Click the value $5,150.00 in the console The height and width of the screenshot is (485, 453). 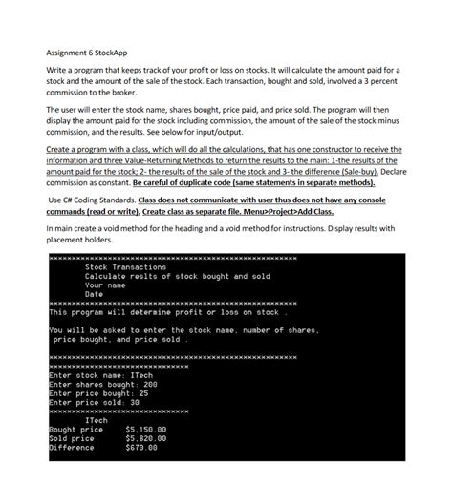coord(146,430)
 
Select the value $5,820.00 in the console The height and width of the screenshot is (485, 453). coord(146,438)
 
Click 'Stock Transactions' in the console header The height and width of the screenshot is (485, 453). coord(125,267)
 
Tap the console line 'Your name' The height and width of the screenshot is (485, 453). coord(106,285)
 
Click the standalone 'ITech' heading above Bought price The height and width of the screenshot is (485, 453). coord(97,420)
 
